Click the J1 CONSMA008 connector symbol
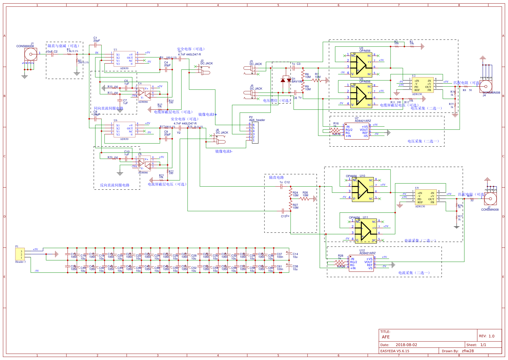click(x=30, y=54)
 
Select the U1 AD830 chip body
click(x=124, y=59)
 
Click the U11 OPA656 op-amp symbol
click(x=366, y=231)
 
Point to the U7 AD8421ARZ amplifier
click(x=356, y=131)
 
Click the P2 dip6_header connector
click(x=255, y=133)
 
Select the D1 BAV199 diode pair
click(x=286, y=80)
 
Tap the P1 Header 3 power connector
click(x=20, y=254)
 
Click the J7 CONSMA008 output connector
click(x=490, y=199)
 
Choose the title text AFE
click(x=386, y=337)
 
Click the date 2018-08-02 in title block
click(x=406, y=345)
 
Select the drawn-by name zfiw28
click(x=467, y=351)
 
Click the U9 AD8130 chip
click(x=426, y=197)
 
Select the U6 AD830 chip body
click(x=124, y=130)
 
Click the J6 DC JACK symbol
click(x=220, y=141)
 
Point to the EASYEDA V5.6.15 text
click(x=395, y=351)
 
